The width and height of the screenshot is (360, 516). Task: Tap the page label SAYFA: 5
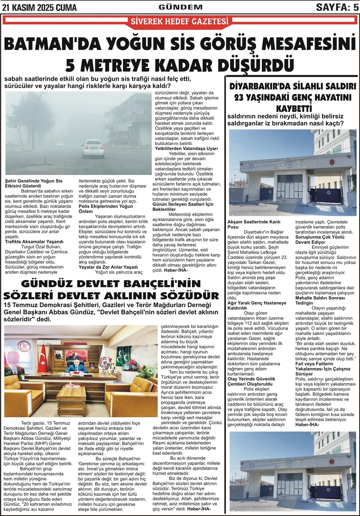[337, 6]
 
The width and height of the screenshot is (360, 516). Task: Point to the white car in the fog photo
[92, 148]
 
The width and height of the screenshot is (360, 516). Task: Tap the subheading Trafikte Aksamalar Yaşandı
[34, 241]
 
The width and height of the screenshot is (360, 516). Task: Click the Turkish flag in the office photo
[42, 358]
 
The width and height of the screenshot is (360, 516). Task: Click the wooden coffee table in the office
[71, 399]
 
